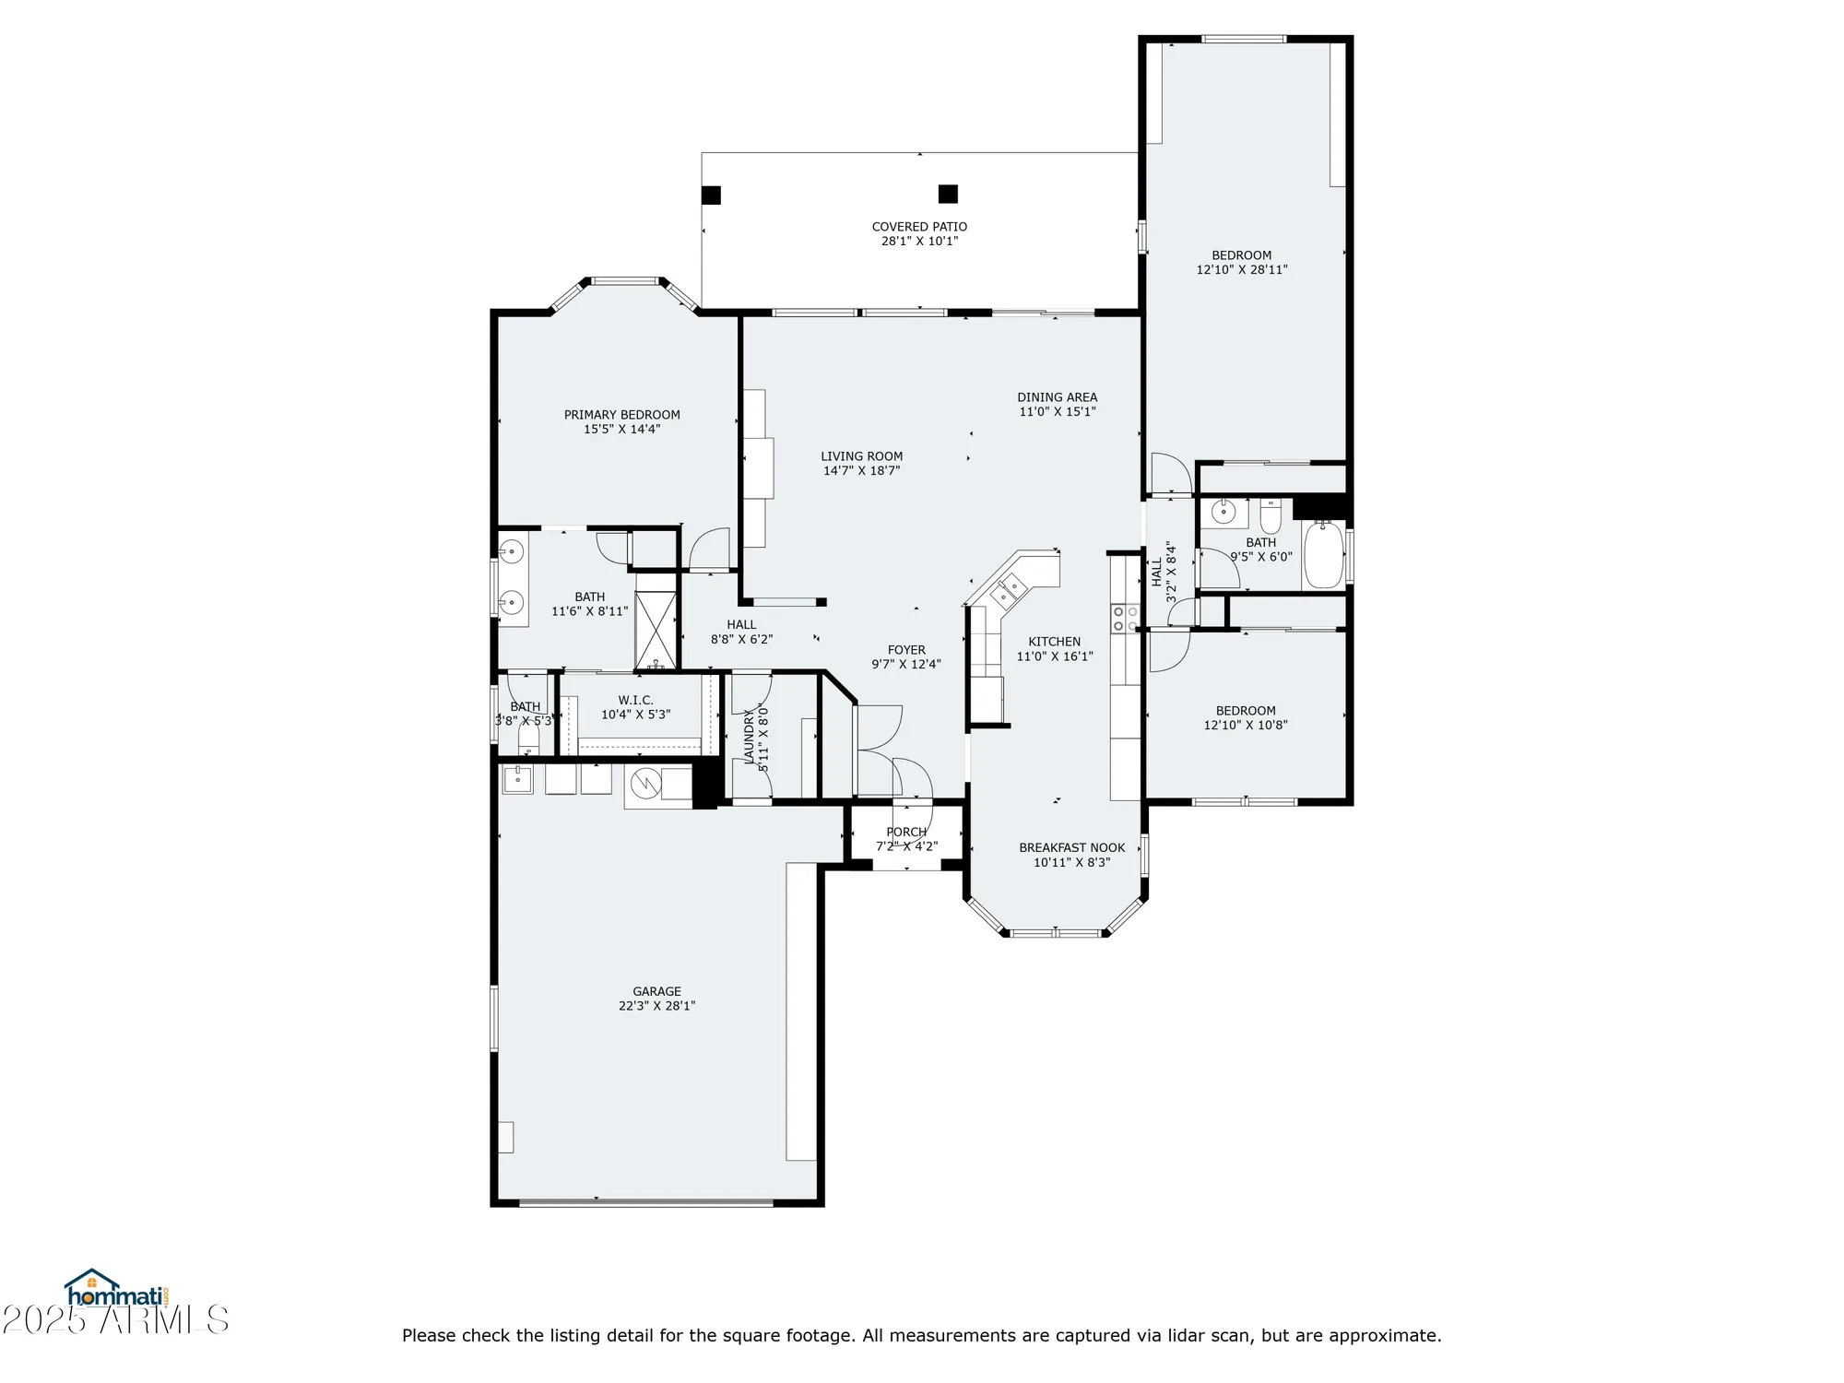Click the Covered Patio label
pyautogui.click(x=919, y=227)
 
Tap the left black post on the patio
pyautogui.click(x=711, y=195)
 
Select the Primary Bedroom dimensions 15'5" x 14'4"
pyautogui.click(x=621, y=430)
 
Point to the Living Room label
pyautogui.click(x=861, y=456)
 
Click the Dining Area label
pyautogui.click(x=1057, y=397)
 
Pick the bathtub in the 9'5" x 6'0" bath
pyautogui.click(x=1323, y=555)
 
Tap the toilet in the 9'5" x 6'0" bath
pyautogui.click(x=1271, y=518)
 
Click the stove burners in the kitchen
pyautogui.click(x=1124, y=618)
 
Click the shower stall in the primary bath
pyautogui.click(x=656, y=630)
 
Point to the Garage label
pyautogui.click(x=656, y=992)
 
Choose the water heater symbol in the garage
pyautogui.click(x=646, y=785)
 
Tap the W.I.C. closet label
pyautogui.click(x=635, y=701)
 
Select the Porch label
pyautogui.click(x=906, y=833)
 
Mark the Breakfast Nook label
pyautogui.click(x=1071, y=848)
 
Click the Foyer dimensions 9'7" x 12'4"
pyautogui.click(x=906, y=665)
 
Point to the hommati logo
pyautogui.click(x=114, y=1290)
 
